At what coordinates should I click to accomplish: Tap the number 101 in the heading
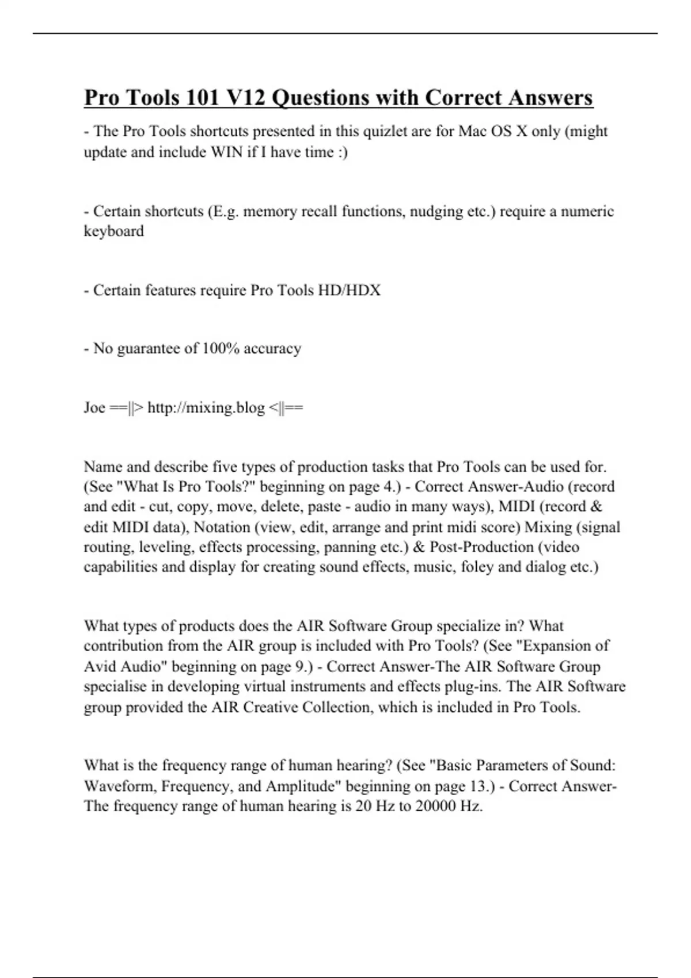pos(202,98)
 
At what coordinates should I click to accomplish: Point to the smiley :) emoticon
pos(342,152)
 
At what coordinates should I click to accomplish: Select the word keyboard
pos(113,231)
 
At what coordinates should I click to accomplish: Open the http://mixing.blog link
pos(206,408)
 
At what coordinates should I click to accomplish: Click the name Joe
pos(94,408)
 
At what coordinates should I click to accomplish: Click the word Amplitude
pos(302,786)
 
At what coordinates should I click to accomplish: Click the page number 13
pos(479,786)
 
